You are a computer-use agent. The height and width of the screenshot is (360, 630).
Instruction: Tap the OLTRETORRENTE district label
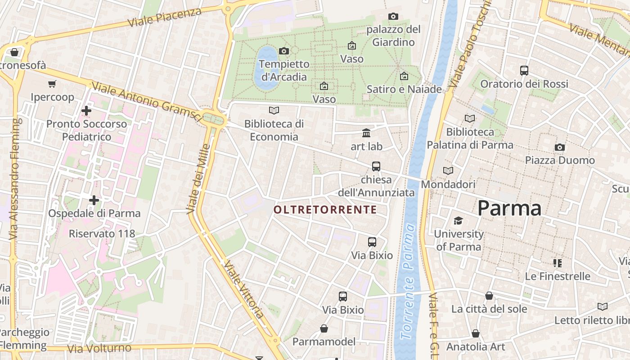(x=325, y=210)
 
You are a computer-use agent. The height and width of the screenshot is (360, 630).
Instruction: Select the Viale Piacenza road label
(x=164, y=17)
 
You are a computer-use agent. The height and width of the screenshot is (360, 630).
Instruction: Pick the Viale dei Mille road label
(x=198, y=179)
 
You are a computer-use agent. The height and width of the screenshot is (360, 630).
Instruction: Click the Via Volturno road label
(x=99, y=348)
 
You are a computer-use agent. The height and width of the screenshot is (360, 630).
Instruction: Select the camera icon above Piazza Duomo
(x=560, y=147)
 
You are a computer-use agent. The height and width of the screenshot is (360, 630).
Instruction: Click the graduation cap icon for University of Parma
(x=458, y=220)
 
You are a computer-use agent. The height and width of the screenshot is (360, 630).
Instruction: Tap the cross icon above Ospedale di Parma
(x=94, y=200)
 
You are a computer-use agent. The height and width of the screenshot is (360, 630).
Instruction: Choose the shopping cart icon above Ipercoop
(x=52, y=84)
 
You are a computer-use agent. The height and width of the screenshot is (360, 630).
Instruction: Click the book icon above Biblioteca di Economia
(x=274, y=110)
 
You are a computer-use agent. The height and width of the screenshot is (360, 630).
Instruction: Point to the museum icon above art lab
(x=366, y=133)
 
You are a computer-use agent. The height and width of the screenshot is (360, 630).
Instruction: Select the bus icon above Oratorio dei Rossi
(x=524, y=71)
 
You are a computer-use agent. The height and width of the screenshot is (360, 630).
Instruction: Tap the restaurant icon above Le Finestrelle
(x=558, y=263)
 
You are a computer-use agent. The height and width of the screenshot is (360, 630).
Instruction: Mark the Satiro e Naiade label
(x=404, y=89)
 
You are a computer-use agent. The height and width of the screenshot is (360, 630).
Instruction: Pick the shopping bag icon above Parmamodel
(x=324, y=328)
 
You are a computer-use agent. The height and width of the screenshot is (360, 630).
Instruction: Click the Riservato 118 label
(x=102, y=234)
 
